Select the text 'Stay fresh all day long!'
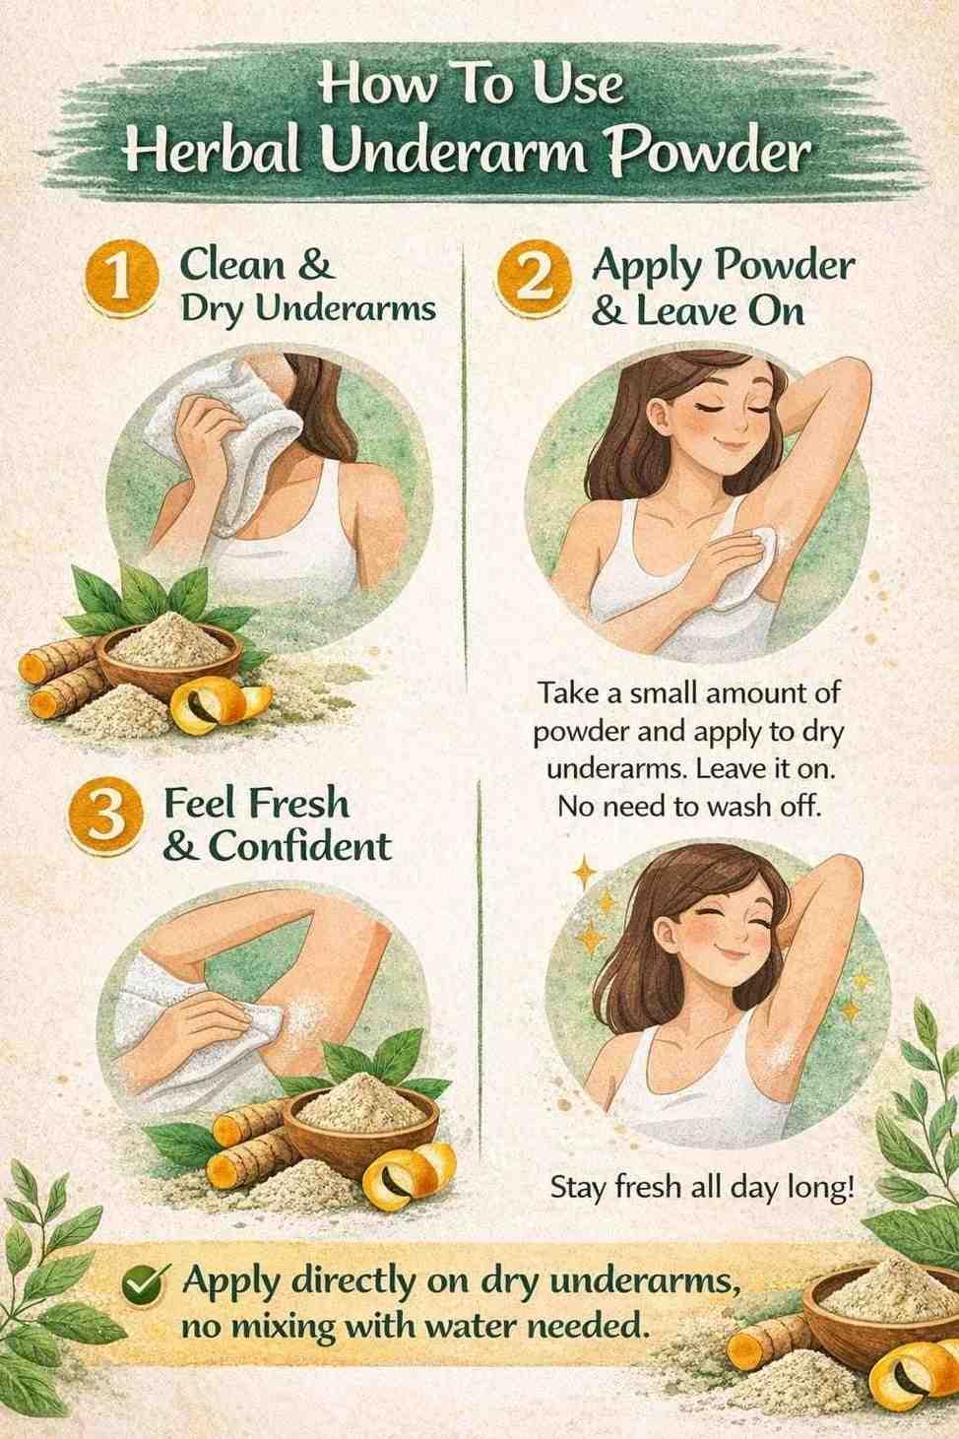tap(704, 1188)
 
